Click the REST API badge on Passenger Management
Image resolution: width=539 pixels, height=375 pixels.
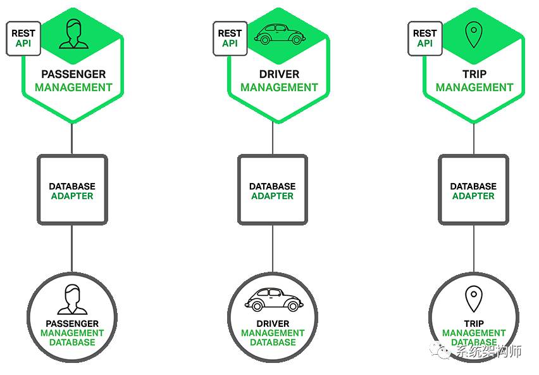[x=23, y=37]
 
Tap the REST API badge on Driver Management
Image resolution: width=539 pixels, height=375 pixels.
[x=230, y=38]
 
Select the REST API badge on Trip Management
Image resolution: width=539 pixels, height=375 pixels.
[x=424, y=38]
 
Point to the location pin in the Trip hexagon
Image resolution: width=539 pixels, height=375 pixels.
[x=473, y=35]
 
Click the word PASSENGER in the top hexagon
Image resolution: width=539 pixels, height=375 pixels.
[x=73, y=74]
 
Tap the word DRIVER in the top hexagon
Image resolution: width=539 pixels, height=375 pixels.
[x=279, y=74]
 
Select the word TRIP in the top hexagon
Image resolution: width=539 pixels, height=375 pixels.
[x=474, y=74]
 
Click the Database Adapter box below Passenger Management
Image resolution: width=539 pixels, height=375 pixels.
[x=72, y=190]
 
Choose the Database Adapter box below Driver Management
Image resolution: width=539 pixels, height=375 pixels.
[x=272, y=190]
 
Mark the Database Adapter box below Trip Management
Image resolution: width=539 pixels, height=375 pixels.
[x=473, y=190]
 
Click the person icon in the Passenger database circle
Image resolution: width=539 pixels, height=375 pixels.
[x=71, y=299]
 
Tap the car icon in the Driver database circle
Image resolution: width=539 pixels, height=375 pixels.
[x=272, y=299]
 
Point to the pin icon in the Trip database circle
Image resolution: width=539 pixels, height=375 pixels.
[x=473, y=299]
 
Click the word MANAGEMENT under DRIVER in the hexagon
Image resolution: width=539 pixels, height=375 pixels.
[x=279, y=87]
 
